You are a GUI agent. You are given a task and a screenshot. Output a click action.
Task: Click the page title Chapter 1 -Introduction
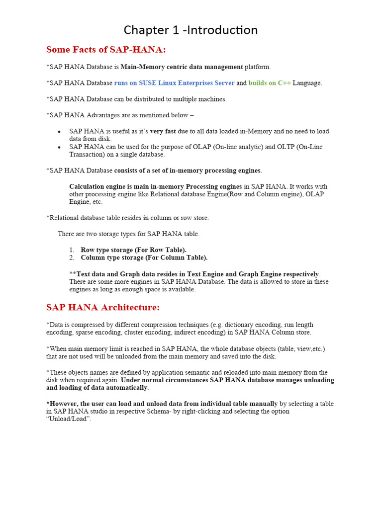[191, 30]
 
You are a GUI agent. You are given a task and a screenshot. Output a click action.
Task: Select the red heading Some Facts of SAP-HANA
[106, 50]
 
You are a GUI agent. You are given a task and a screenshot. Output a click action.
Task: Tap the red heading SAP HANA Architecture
[103, 308]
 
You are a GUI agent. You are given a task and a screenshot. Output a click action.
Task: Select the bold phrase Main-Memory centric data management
[182, 67]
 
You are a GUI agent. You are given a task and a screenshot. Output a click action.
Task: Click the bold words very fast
[163, 131]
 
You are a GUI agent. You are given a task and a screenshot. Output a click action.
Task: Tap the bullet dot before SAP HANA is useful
[59, 132]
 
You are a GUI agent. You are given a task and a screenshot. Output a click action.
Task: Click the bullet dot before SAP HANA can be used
[59, 148]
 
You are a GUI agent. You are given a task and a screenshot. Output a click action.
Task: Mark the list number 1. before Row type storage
[72, 250]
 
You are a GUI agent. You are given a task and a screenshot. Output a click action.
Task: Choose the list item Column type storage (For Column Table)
[144, 258]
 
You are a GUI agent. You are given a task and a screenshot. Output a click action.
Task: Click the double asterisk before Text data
[73, 274]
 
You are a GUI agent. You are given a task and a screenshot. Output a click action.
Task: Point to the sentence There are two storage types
[128, 234]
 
